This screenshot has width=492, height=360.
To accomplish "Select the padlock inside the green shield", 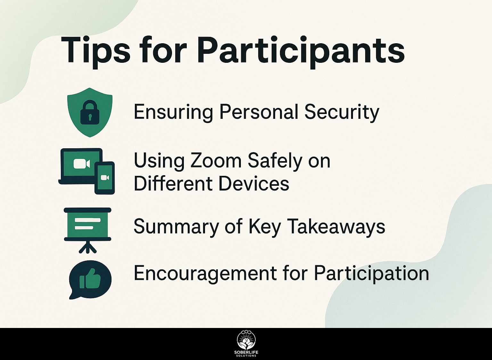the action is [90, 112].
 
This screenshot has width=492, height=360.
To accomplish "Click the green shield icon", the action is [90, 112].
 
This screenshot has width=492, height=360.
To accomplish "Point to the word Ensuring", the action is [173, 112].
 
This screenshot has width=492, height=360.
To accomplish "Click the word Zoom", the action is [216, 161].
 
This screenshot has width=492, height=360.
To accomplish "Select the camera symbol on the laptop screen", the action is [81, 164].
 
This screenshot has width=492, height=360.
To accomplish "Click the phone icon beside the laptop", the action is [104, 178].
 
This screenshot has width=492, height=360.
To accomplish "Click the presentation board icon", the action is [87, 230].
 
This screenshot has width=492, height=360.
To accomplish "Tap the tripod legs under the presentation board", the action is [87, 248].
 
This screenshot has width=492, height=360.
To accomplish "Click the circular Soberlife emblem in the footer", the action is [246, 340].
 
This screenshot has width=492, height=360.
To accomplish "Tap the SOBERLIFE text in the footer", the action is [246, 353].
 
